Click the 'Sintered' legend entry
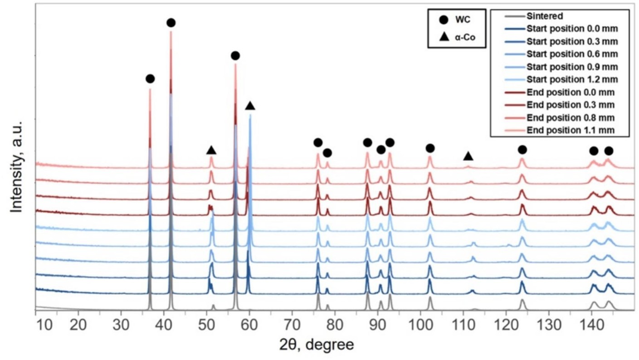545,17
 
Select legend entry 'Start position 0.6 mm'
572,54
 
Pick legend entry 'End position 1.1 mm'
571,131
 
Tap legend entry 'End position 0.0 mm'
571,92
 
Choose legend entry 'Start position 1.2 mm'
572,80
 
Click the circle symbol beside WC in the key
444,19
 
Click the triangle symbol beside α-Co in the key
444,37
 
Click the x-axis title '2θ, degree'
317,345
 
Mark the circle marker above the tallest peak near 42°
171,23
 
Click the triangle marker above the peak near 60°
250,106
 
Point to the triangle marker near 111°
468,156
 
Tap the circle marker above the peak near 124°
522,150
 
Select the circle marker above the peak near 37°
150,79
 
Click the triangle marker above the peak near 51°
211,150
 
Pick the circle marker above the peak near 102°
430,148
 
